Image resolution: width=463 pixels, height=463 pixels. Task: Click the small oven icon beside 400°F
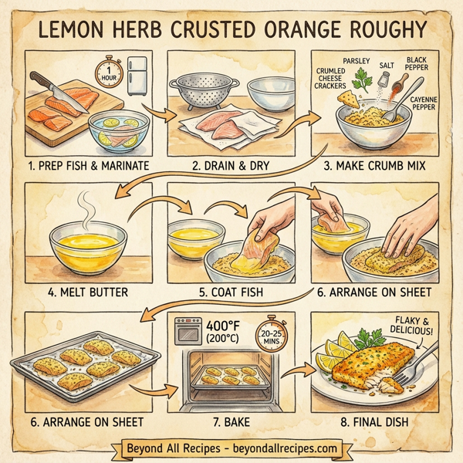coord(188,333)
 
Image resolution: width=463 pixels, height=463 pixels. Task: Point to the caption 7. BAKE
coord(230,422)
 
